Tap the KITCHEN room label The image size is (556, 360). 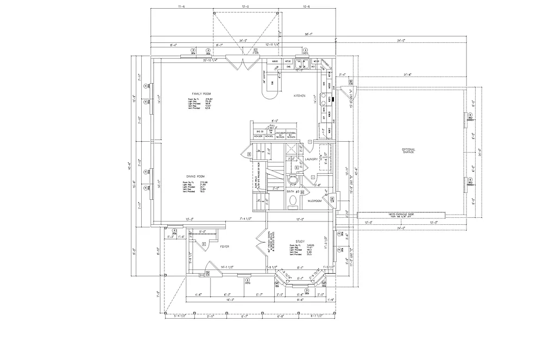[300, 96]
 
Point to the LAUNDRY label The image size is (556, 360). [311, 159]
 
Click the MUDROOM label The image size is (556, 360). [315, 200]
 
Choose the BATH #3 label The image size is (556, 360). [292, 192]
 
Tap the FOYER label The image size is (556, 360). [224, 247]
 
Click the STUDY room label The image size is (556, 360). [300, 242]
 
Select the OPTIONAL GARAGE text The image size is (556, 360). [408, 150]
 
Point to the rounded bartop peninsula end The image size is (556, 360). [270, 94]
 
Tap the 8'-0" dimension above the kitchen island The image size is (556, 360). [275, 121]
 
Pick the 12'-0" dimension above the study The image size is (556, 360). [299, 219]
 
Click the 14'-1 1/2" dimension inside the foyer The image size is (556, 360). [227, 267]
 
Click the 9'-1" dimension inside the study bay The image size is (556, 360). [300, 267]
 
